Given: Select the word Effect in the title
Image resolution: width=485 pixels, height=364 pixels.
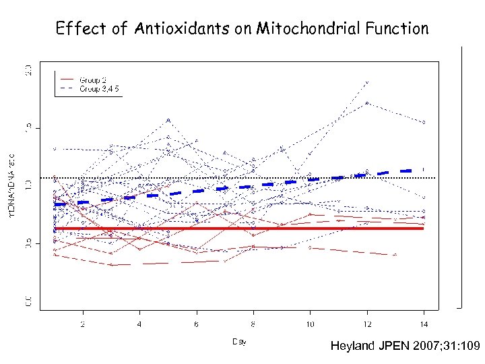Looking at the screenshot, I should (x=77, y=29).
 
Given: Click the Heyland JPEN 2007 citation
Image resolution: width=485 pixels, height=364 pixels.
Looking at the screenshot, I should (x=405, y=346).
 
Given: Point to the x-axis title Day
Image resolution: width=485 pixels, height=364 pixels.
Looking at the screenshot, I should (x=239, y=342).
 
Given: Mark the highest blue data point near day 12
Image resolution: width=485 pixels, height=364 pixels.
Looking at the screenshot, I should (x=367, y=82).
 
